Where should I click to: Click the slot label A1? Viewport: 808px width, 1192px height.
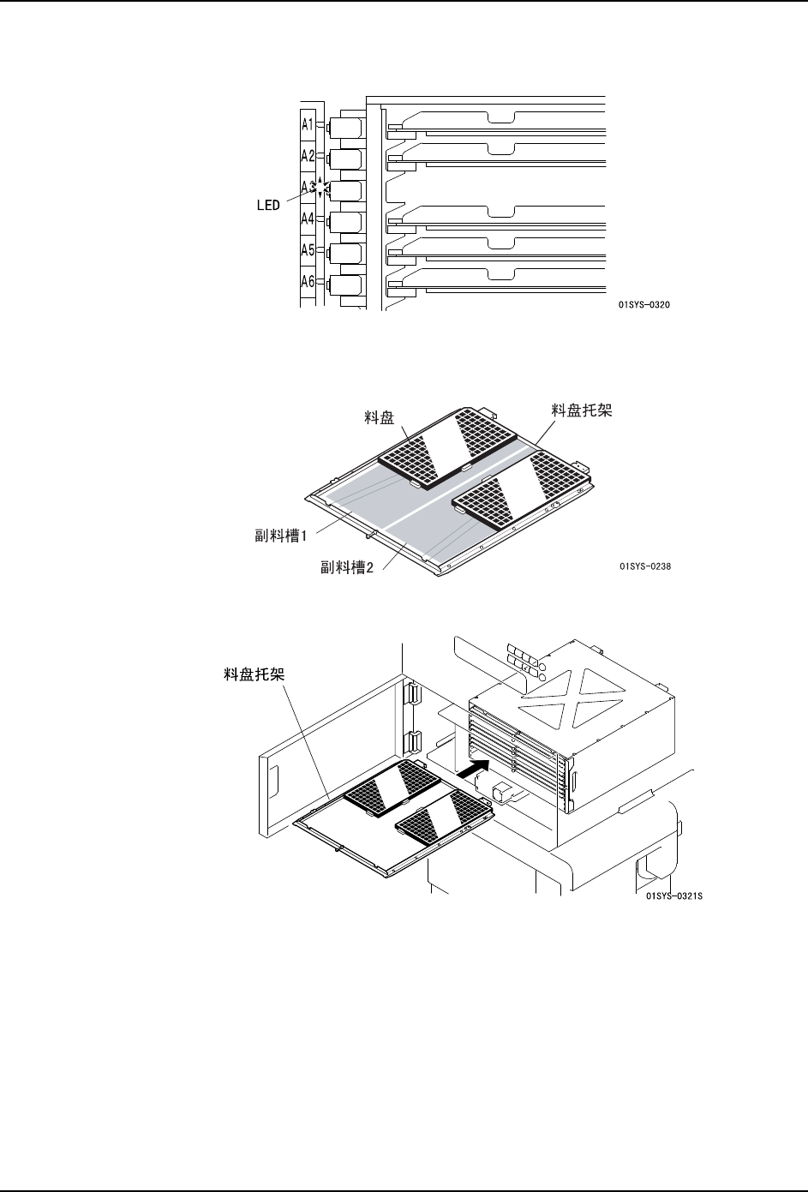pyautogui.click(x=308, y=124)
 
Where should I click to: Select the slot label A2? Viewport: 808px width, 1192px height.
pyautogui.click(x=308, y=156)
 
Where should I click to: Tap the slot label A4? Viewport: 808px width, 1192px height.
pyautogui.click(x=308, y=219)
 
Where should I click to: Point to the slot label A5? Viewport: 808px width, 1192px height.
pyautogui.click(x=308, y=250)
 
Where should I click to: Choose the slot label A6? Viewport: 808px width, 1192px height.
pyautogui.click(x=308, y=281)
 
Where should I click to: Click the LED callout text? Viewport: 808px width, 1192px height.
pyautogui.click(x=268, y=206)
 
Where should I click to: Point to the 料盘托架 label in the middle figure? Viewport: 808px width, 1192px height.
pyautogui.click(x=582, y=411)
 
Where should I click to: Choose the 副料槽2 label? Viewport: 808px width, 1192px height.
pyautogui.click(x=347, y=567)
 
